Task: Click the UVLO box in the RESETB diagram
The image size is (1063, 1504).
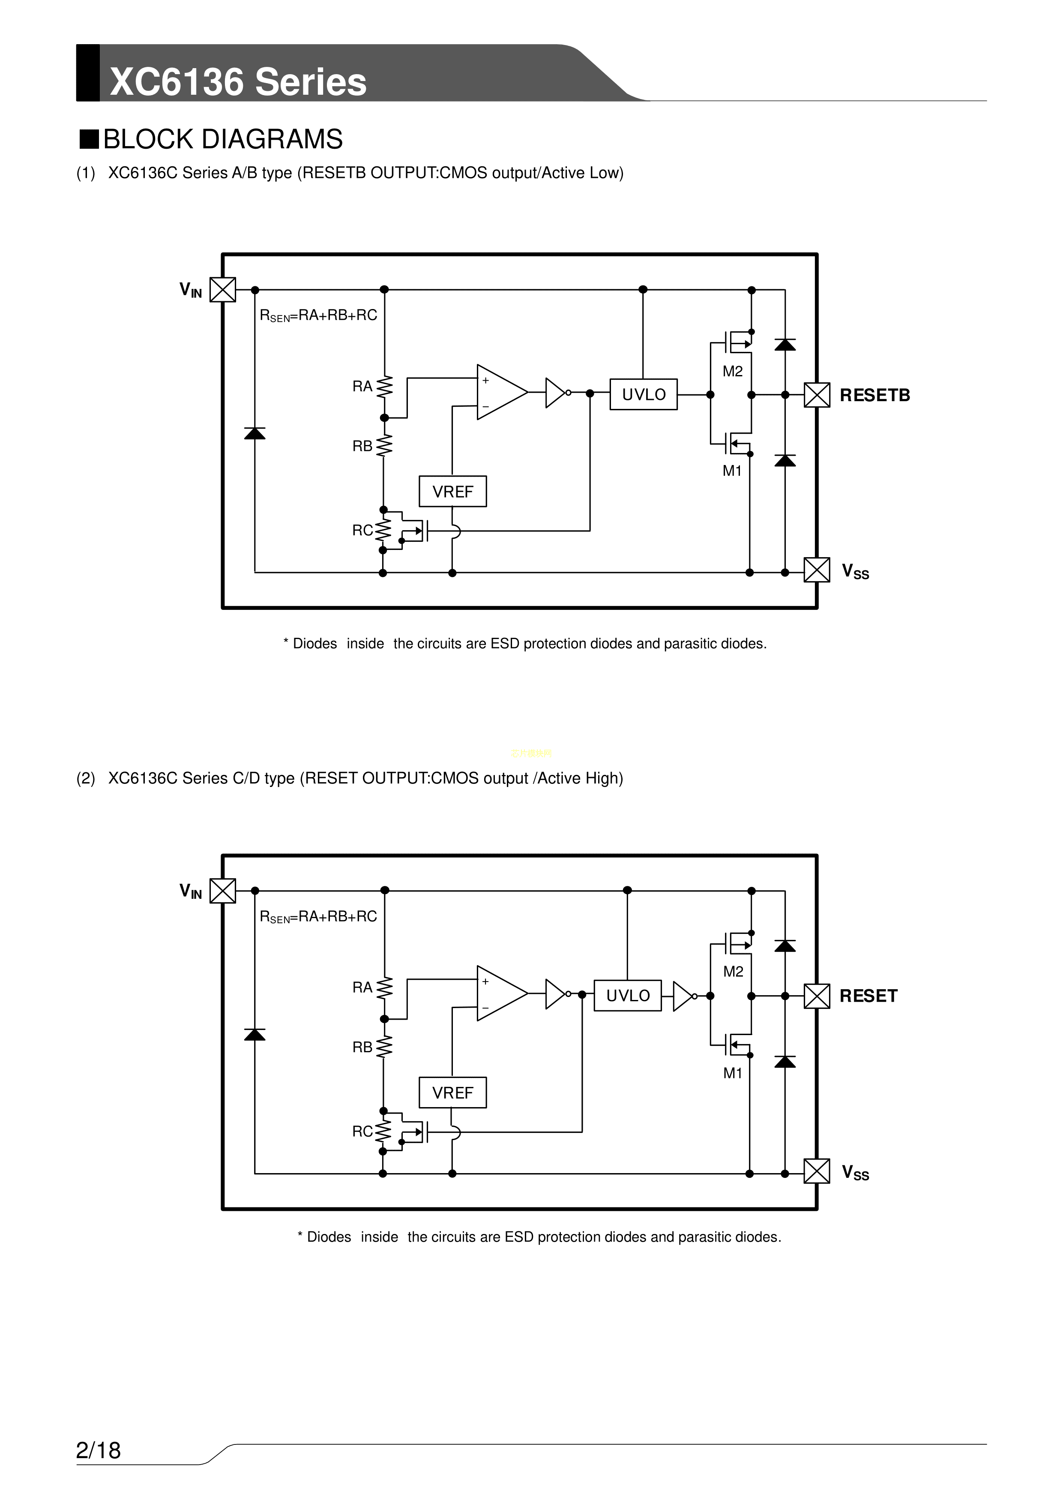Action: [643, 394]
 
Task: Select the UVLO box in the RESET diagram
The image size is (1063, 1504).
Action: [627, 996]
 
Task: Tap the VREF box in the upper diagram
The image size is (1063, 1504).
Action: [452, 491]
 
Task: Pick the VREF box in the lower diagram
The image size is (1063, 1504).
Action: [452, 1093]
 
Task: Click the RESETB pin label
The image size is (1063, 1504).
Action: [874, 396]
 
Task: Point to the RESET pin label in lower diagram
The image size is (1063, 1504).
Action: [868, 997]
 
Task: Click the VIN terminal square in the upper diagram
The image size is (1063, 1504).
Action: [223, 290]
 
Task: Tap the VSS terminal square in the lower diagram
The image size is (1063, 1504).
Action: [817, 1171]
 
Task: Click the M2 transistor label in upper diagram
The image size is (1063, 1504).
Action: [732, 372]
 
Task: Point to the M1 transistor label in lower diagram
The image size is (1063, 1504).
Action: [732, 1073]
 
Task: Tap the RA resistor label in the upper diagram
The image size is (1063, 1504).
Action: [362, 387]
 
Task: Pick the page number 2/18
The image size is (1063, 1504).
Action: [98, 1450]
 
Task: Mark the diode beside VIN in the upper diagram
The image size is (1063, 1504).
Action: [255, 433]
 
